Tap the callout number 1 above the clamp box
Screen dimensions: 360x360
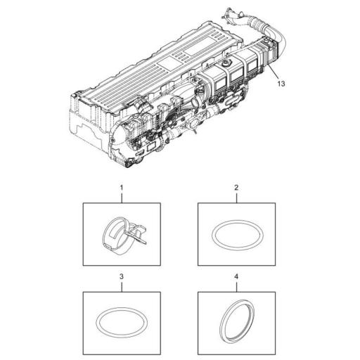coord(122,188)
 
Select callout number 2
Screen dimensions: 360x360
coord(236,188)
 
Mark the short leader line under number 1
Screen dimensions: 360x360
coord(122,198)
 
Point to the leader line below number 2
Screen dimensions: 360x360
coord(236,198)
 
